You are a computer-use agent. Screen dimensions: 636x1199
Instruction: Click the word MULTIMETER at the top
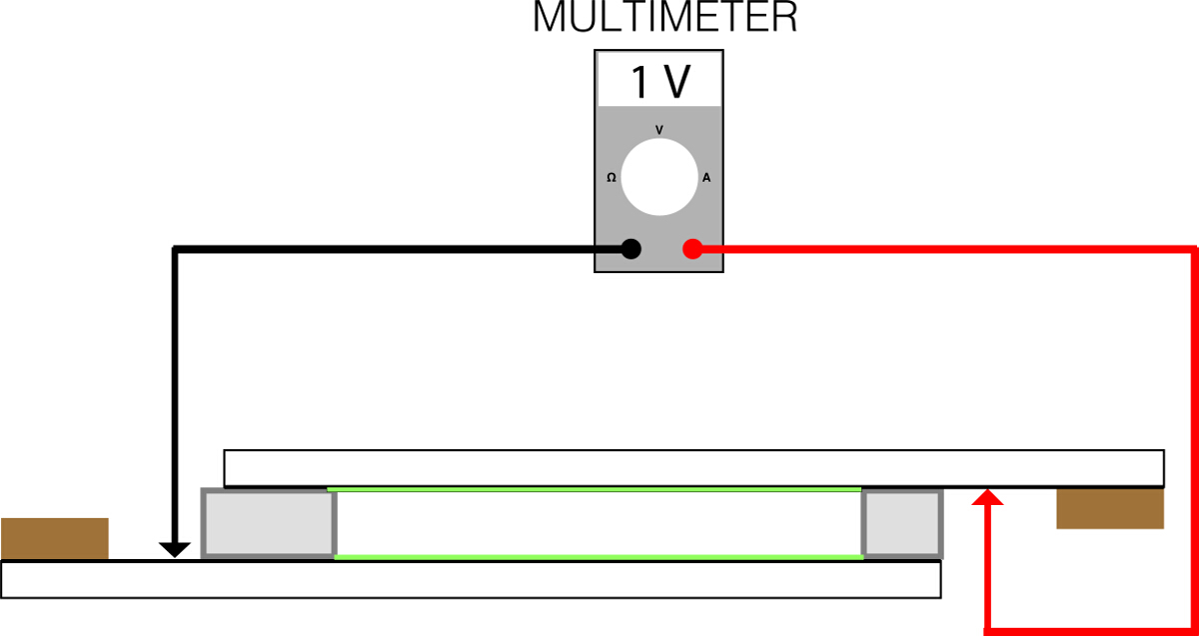[664, 18]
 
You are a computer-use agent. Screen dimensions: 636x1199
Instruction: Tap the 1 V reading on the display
[660, 82]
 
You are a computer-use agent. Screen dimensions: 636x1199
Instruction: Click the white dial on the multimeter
[658, 177]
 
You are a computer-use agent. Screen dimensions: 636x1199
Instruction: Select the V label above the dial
[658, 130]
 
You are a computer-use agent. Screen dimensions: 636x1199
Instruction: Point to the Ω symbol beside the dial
[611, 177]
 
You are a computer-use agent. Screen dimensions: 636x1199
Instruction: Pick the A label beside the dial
[706, 178]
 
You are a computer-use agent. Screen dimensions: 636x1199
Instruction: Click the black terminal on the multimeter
[630, 249]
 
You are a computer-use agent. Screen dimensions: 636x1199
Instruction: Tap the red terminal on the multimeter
[691, 249]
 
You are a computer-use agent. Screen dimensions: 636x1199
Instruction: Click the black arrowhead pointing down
[175, 549]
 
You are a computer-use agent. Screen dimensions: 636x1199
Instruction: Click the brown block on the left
[55, 538]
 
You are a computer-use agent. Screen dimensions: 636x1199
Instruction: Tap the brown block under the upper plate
[1110, 508]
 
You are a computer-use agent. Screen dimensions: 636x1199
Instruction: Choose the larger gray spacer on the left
[268, 523]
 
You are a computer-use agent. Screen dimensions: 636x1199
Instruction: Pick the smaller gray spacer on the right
[902, 523]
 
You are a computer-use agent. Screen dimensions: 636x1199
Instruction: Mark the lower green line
[598, 556]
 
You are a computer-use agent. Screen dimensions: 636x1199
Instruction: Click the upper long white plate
[693, 467]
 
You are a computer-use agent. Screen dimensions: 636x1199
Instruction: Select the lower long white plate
[470, 579]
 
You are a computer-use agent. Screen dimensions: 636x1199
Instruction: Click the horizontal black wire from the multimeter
[400, 249]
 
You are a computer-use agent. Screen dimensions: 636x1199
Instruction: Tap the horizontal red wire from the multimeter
[949, 248]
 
